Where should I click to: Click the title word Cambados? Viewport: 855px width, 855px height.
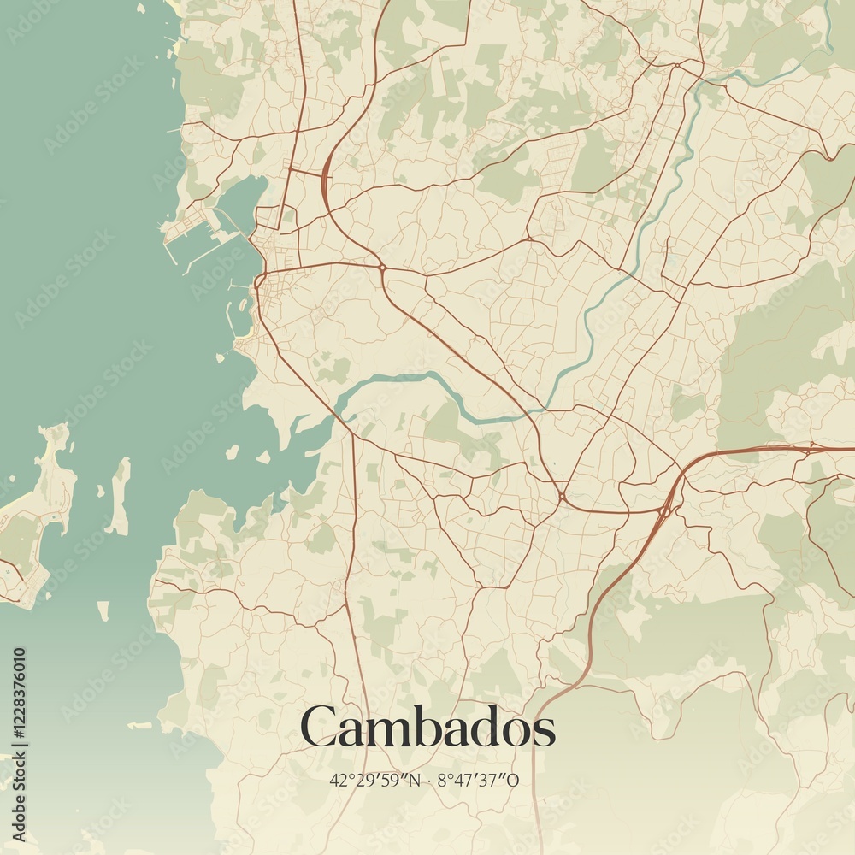click(x=427, y=728)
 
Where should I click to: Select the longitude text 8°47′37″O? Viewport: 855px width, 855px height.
click(x=478, y=780)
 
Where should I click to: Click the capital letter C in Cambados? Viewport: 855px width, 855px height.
click(x=319, y=728)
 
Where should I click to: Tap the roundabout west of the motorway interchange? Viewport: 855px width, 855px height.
click(x=562, y=495)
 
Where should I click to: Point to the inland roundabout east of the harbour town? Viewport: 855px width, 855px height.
click(x=381, y=268)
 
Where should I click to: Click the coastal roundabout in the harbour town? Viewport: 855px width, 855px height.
click(x=259, y=280)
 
